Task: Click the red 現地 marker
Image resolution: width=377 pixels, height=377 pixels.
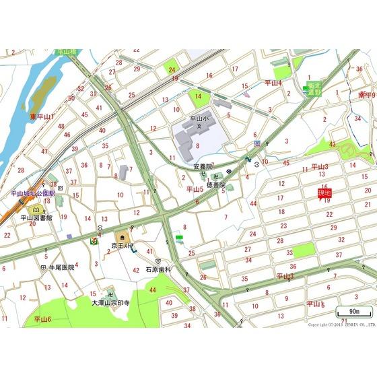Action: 324,194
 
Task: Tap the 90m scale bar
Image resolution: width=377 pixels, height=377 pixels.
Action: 354,311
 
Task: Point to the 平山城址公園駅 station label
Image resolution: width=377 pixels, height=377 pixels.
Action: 32,193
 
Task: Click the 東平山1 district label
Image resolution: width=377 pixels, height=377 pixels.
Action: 42,116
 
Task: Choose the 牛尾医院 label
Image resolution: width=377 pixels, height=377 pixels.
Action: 61,267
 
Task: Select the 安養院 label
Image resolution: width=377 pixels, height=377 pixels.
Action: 203,166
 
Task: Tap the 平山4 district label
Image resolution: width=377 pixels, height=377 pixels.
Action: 273,83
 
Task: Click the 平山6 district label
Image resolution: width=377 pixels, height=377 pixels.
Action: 42,319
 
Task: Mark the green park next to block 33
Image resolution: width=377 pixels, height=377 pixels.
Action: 304,250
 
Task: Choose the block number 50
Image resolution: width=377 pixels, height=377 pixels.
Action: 71,98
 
